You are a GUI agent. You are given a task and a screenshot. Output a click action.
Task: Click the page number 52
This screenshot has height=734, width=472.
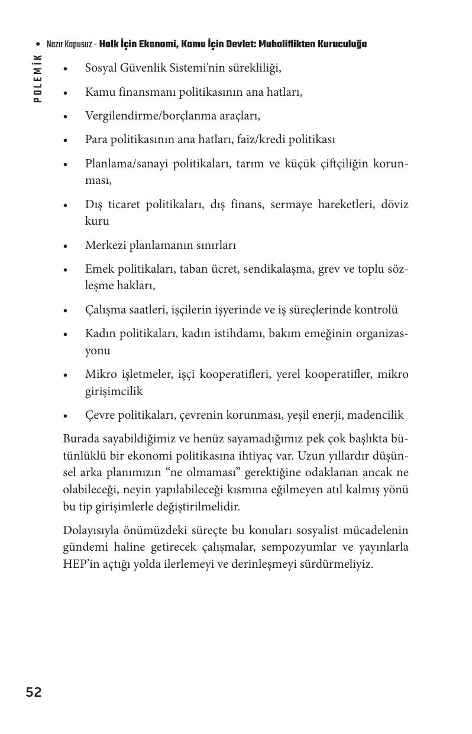(x=34, y=693)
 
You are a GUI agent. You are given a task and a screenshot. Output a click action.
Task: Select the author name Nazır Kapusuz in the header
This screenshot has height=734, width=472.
(x=69, y=44)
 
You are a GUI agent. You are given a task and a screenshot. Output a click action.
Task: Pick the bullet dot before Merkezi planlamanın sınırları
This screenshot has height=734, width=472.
(x=66, y=246)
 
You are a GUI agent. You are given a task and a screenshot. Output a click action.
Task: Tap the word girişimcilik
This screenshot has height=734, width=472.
(x=114, y=392)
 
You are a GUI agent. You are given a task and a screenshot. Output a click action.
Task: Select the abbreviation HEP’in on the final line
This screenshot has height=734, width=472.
(x=79, y=564)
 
